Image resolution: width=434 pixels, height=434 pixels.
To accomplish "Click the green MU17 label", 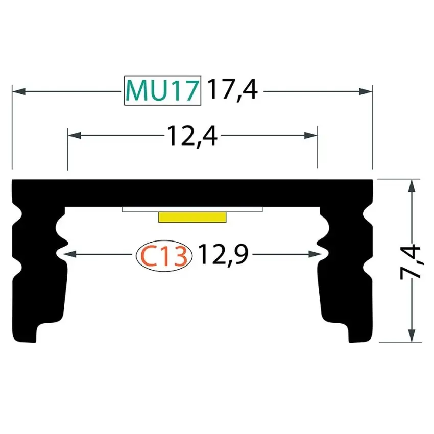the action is tap(162, 90).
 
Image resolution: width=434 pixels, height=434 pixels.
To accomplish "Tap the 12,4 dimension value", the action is tap(192, 136).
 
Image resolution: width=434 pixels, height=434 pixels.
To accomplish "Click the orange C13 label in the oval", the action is tap(164, 256).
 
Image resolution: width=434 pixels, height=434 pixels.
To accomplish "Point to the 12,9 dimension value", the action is tap(223, 254).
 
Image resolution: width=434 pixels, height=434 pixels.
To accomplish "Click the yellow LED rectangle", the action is tap(192, 217).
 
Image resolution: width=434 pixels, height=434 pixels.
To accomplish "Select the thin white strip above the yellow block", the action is tap(192, 209).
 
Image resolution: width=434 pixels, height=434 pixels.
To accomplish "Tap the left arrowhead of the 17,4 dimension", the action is tap(19, 91).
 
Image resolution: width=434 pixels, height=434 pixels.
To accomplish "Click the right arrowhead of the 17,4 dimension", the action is tap(366, 91).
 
